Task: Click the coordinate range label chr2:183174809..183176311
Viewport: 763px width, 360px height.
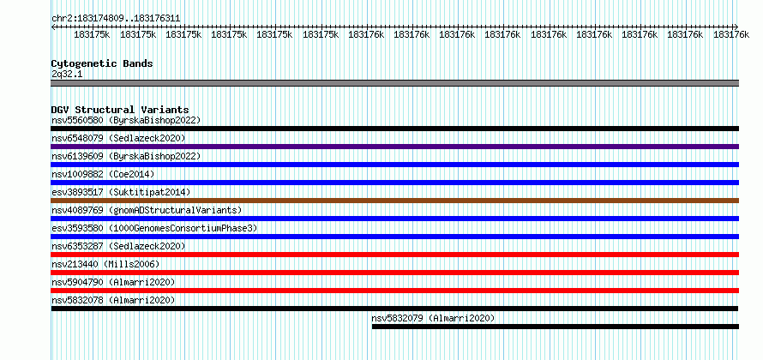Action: [116, 19]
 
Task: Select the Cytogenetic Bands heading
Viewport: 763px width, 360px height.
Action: [102, 63]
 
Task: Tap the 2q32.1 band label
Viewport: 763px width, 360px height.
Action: [67, 75]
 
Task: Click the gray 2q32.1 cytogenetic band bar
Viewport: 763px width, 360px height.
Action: [394, 83]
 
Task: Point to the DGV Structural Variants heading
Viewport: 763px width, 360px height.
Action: [120, 110]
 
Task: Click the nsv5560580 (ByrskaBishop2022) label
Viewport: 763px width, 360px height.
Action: [126, 120]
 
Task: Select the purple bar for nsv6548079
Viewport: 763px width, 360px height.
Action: [394, 147]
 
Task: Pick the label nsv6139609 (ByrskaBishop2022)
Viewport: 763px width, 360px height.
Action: [126, 156]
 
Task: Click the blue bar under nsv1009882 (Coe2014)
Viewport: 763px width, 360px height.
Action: [394, 183]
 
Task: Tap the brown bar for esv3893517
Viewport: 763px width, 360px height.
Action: [394, 201]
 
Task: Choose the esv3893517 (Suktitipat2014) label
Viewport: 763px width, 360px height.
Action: [121, 192]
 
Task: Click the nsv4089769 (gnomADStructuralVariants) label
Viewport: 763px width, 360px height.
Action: [147, 210]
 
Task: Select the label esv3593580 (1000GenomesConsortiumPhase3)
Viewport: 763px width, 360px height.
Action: [154, 228]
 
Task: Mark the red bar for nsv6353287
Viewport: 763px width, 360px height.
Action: [394, 255]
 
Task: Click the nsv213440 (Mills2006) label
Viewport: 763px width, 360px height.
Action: [105, 264]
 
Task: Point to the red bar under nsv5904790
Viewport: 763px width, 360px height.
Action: [394, 291]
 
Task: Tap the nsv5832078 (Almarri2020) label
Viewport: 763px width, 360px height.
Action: [113, 300]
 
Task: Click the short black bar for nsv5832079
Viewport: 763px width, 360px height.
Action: [556, 327]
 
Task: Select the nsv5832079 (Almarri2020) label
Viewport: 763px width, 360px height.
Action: [433, 318]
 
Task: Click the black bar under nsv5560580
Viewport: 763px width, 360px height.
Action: [394, 129]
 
